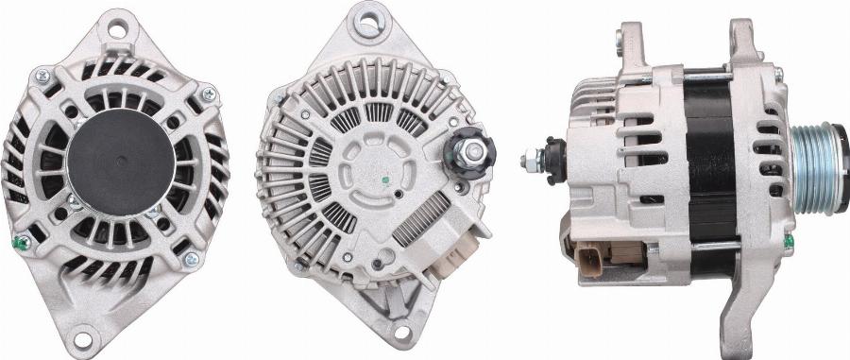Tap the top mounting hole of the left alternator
[117, 28]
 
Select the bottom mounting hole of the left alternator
[83, 334]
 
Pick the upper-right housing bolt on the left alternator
[208, 94]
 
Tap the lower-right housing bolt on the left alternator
[191, 259]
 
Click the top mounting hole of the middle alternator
[367, 19]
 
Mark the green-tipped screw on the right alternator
[787, 241]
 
